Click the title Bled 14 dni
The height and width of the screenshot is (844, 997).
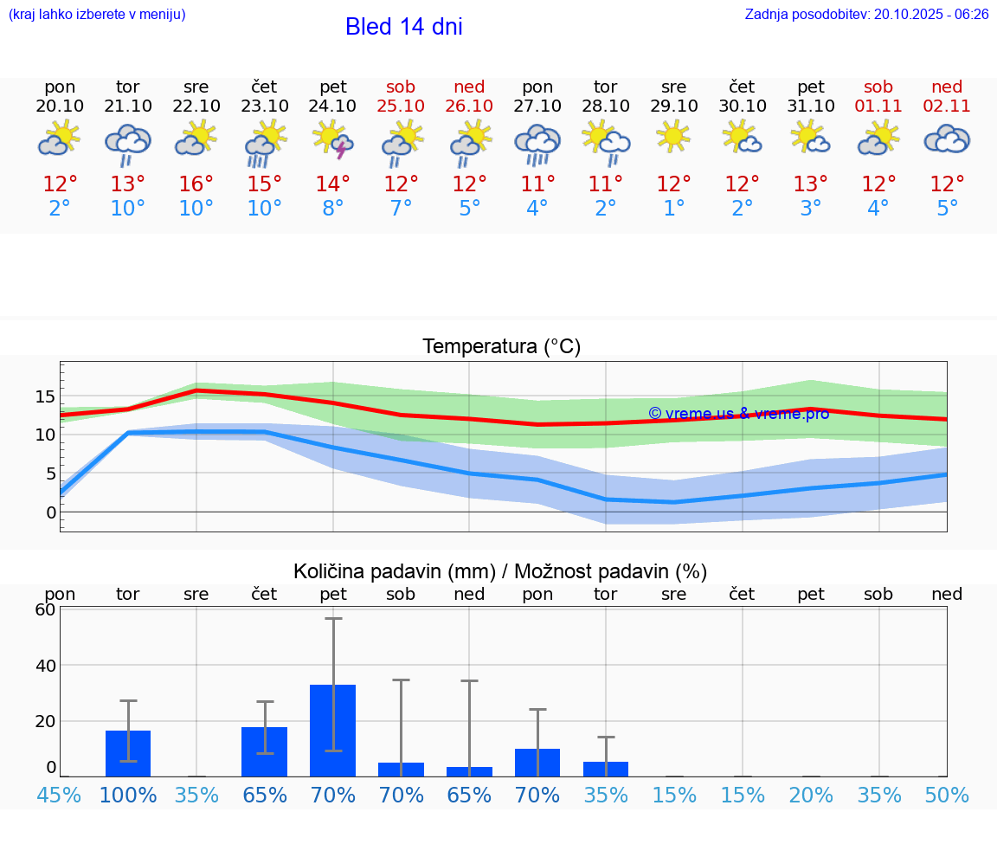tap(403, 27)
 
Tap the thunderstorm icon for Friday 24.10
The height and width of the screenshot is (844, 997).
tap(333, 139)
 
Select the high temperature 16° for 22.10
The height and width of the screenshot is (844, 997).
tap(196, 184)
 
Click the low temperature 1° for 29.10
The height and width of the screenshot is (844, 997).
tap(674, 209)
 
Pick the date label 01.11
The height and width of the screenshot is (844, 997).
tap(878, 106)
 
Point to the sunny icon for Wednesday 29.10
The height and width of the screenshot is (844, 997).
tap(673, 137)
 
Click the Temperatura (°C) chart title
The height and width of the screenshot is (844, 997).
tap(501, 347)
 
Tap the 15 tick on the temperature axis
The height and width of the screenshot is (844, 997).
tap(46, 396)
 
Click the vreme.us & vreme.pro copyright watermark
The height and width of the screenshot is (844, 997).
tap(738, 414)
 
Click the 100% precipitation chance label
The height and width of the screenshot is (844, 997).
tap(128, 796)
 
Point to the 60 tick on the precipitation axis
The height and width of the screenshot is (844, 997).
tap(45, 609)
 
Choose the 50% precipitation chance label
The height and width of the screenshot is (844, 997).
tap(947, 796)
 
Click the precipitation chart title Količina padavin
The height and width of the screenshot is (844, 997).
tap(500, 571)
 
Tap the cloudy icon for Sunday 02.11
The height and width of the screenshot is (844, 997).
tap(947, 139)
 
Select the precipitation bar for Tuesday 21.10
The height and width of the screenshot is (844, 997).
tap(128, 753)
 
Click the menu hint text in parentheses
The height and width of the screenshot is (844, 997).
tap(97, 14)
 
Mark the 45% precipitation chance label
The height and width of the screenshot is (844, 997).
tap(60, 796)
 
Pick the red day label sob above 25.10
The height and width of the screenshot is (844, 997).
tap(401, 87)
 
